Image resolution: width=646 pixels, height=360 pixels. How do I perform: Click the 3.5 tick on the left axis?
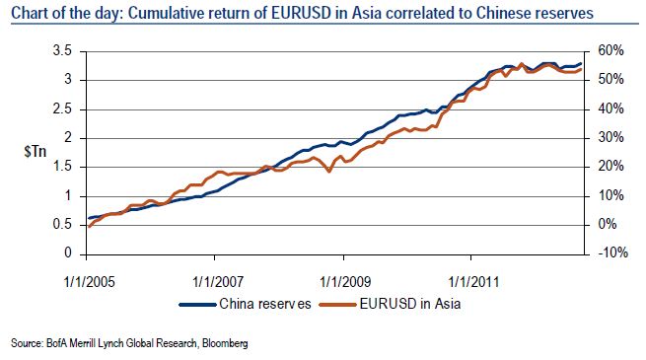62,51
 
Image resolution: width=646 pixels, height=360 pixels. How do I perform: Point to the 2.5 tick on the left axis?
62,109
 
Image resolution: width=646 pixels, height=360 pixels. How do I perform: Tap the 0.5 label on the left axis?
62,225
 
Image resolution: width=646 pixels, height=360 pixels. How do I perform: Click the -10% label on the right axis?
612,252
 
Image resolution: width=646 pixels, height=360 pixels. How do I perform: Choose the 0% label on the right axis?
607,225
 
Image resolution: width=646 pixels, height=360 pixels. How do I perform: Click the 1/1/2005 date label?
90,282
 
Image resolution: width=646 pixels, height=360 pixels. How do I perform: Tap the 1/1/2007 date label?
218,282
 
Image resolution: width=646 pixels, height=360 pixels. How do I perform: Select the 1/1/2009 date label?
345,282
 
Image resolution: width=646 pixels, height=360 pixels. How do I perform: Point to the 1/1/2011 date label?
473,282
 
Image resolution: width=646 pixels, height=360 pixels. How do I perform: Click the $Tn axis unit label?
36,152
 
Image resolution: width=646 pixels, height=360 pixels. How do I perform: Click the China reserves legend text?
265,304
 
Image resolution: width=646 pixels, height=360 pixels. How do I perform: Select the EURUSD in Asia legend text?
410,304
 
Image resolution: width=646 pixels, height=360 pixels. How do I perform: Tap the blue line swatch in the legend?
198,305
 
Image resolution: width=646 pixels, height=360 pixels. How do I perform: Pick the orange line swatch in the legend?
338,305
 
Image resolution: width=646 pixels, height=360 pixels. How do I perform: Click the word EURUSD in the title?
301,13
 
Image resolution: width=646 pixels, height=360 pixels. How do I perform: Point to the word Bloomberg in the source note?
225,343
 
